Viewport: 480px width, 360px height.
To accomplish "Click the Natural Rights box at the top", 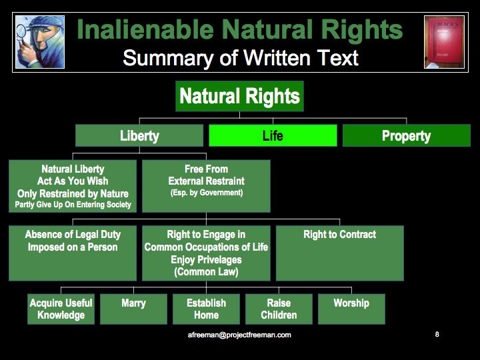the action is (x=239, y=96).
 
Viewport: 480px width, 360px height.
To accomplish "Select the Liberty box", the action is (x=139, y=135).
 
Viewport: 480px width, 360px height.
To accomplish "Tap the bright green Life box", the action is (x=273, y=135).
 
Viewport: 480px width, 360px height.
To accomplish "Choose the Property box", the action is (x=406, y=135).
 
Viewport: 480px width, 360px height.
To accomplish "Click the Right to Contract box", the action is (x=340, y=253).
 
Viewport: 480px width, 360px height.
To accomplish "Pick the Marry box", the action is (x=133, y=309).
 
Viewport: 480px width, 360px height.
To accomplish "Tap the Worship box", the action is (x=351, y=309).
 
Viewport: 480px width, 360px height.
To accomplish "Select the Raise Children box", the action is (x=279, y=309).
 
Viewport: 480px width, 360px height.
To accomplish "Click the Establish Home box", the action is (x=206, y=309).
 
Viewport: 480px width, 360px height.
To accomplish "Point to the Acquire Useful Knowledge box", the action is (x=61, y=309).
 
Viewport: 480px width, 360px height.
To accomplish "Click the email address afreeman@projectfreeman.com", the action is (x=239, y=335).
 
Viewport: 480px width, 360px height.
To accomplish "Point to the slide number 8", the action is (x=437, y=334).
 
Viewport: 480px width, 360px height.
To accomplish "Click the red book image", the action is (x=444, y=42).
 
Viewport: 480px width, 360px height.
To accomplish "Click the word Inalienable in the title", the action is (x=146, y=30).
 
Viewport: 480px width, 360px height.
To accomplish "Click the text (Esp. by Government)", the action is (x=207, y=193).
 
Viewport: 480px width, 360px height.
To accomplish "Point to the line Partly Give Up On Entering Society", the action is (x=73, y=205).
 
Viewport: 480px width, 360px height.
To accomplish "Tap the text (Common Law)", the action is (x=206, y=272).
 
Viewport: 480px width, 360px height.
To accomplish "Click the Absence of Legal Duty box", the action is (x=73, y=253).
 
